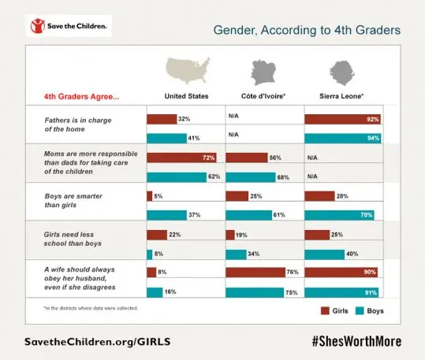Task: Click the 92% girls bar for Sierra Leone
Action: (342, 119)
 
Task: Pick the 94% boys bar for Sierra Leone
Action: (343, 139)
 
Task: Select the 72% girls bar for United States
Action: (182, 158)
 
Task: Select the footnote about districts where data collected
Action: (91, 307)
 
